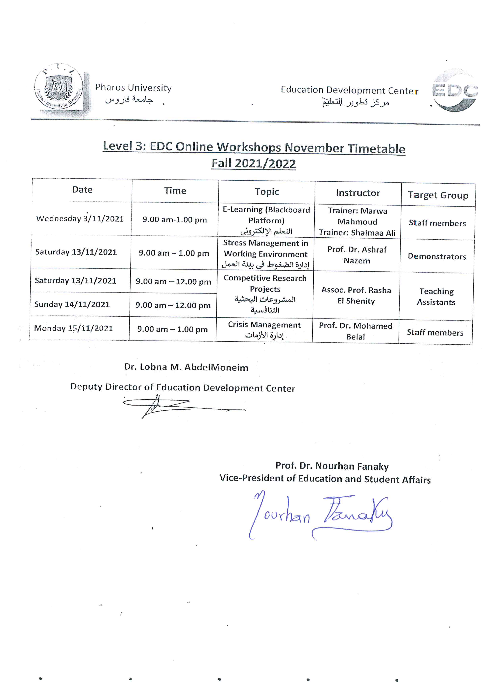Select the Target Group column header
pos(438,195)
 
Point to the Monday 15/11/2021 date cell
pos(73,328)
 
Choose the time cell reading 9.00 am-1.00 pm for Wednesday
pos(175,220)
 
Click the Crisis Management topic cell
pos(264,330)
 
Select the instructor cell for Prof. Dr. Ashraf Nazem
pos(357,255)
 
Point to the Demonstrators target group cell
pos(437,256)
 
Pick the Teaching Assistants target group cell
pos(436,297)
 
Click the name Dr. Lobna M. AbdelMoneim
pos(186,367)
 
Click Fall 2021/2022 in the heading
pos(254,163)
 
